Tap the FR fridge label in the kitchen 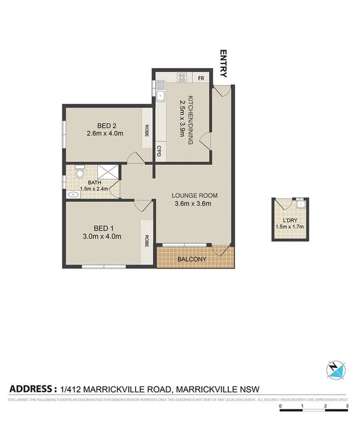[201, 77]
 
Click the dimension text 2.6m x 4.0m [105, 132]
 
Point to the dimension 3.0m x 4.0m [102, 236]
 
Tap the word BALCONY [192, 259]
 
